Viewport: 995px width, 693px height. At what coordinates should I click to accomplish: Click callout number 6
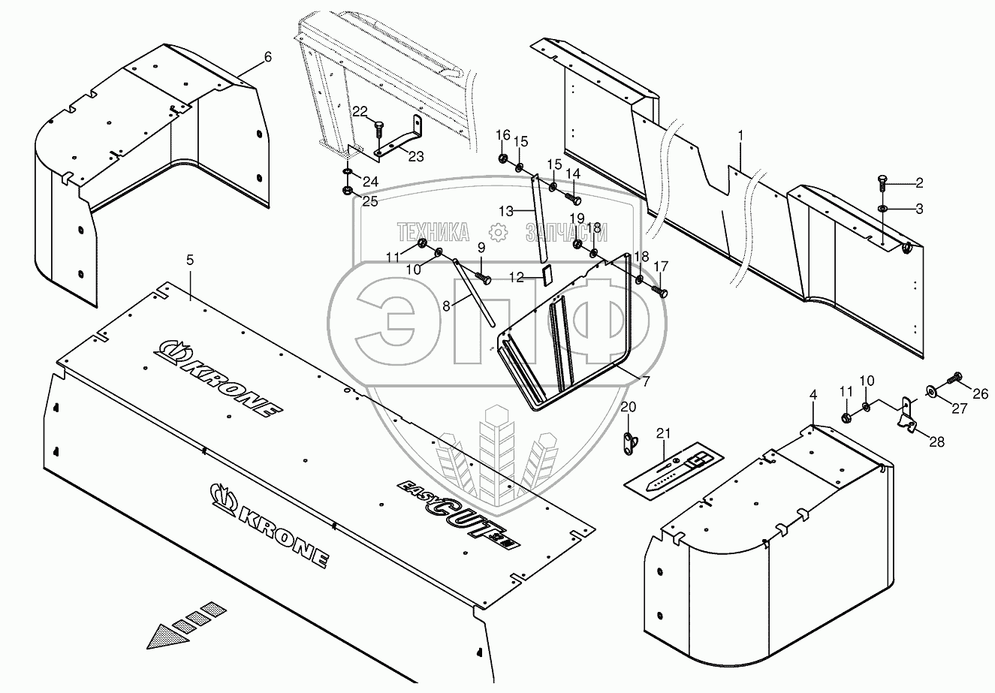pyautogui.click(x=248, y=58)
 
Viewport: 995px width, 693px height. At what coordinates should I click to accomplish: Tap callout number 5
pyautogui.click(x=190, y=261)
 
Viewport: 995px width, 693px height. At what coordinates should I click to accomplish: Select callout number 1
pyautogui.click(x=740, y=136)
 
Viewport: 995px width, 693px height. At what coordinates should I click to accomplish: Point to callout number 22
pyautogui.click(x=360, y=111)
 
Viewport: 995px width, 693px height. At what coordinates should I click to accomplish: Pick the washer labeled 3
pyautogui.click(x=883, y=209)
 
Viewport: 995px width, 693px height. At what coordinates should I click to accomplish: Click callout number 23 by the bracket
pyautogui.click(x=416, y=157)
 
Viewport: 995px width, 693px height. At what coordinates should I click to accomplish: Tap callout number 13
pyautogui.click(x=507, y=212)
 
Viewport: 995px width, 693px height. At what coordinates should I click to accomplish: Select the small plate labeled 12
pyautogui.click(x=546, y=275)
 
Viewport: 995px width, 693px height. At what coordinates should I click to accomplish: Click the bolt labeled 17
pyautogui.click(x=662, y=291)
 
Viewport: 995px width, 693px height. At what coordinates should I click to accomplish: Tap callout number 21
pyautogui.click(x=662, y=432)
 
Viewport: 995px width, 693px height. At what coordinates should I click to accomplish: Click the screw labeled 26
pyautogui.click(x=957, y=378)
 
